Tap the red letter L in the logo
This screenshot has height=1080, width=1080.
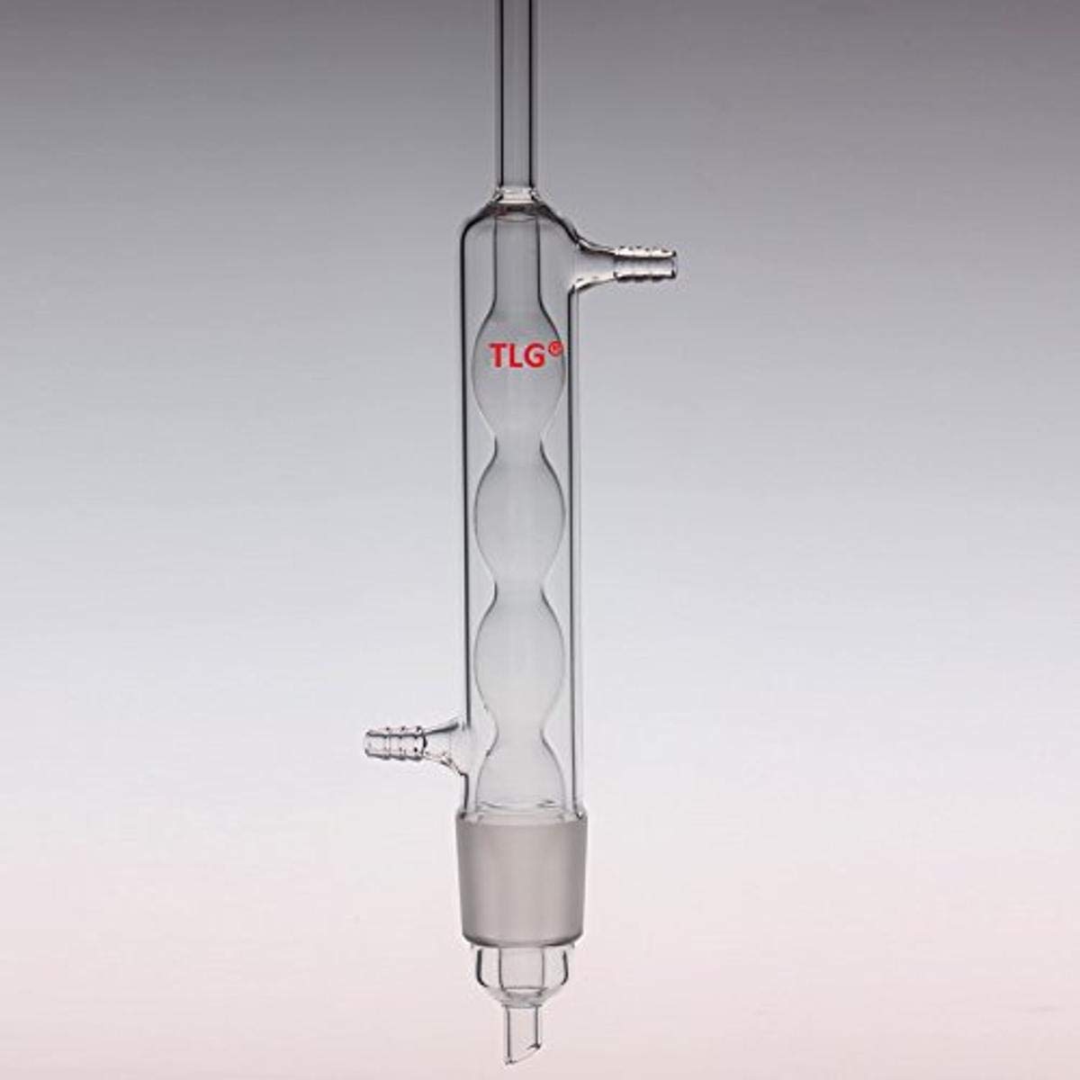(x=515, y=356)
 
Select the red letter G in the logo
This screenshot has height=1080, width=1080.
(x=535, y=356)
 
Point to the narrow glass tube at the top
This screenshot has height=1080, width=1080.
(x=523, y=90)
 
